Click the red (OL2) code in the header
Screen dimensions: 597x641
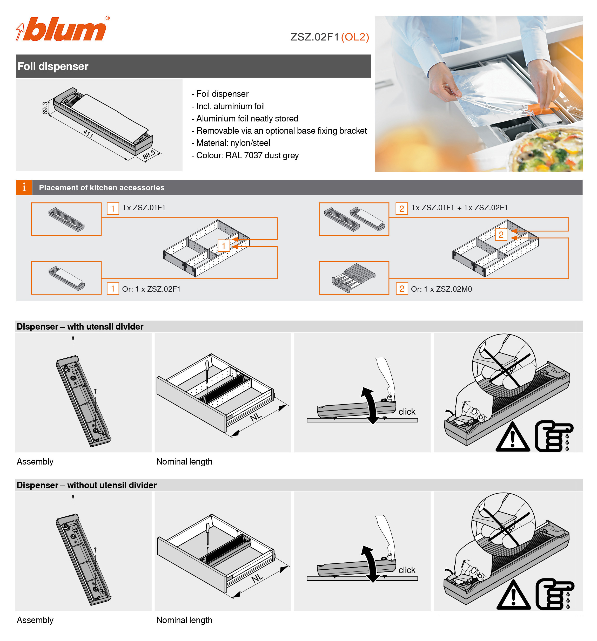[355, 37]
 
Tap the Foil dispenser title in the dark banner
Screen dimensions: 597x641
[53, 66]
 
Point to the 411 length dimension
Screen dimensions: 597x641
[88, 133]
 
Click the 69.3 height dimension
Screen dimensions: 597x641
[45, 108]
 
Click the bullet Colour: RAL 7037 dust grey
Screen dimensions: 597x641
[245, 155]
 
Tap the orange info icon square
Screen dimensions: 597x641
[24, 187]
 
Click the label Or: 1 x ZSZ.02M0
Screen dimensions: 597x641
[441, 289]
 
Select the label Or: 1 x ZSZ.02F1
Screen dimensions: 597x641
[151, 289]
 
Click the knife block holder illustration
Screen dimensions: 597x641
[353, 278]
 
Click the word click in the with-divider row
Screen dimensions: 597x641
[407, 412]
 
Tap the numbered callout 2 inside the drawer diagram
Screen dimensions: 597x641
[501, 234]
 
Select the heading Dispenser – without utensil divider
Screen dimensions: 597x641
[86, 485]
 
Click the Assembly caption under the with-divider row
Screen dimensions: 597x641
[35, 462]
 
